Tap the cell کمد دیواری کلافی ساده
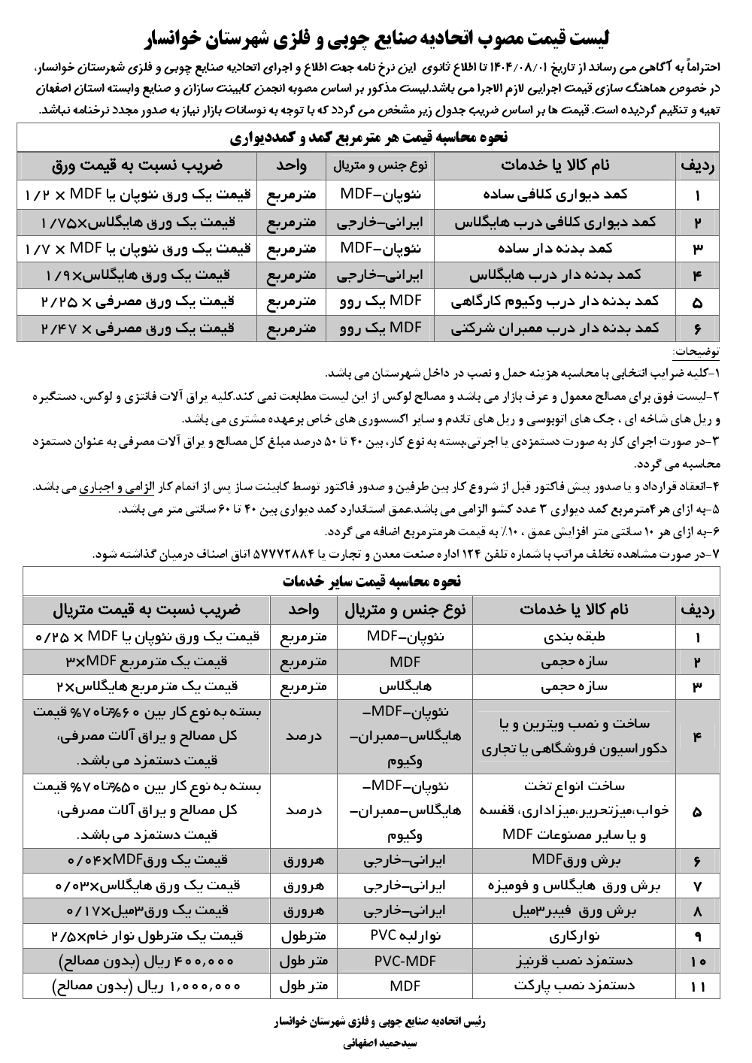click(x=556, y=195)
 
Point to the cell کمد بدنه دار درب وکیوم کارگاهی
click(x=556, y=301)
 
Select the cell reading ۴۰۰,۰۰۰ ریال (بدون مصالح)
click(x=147, y=960)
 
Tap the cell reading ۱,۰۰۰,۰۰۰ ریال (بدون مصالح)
click(x=147, y=986)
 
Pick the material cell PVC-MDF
click(x=405, y=960)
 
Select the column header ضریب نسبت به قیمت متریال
click(x=147, y=609)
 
